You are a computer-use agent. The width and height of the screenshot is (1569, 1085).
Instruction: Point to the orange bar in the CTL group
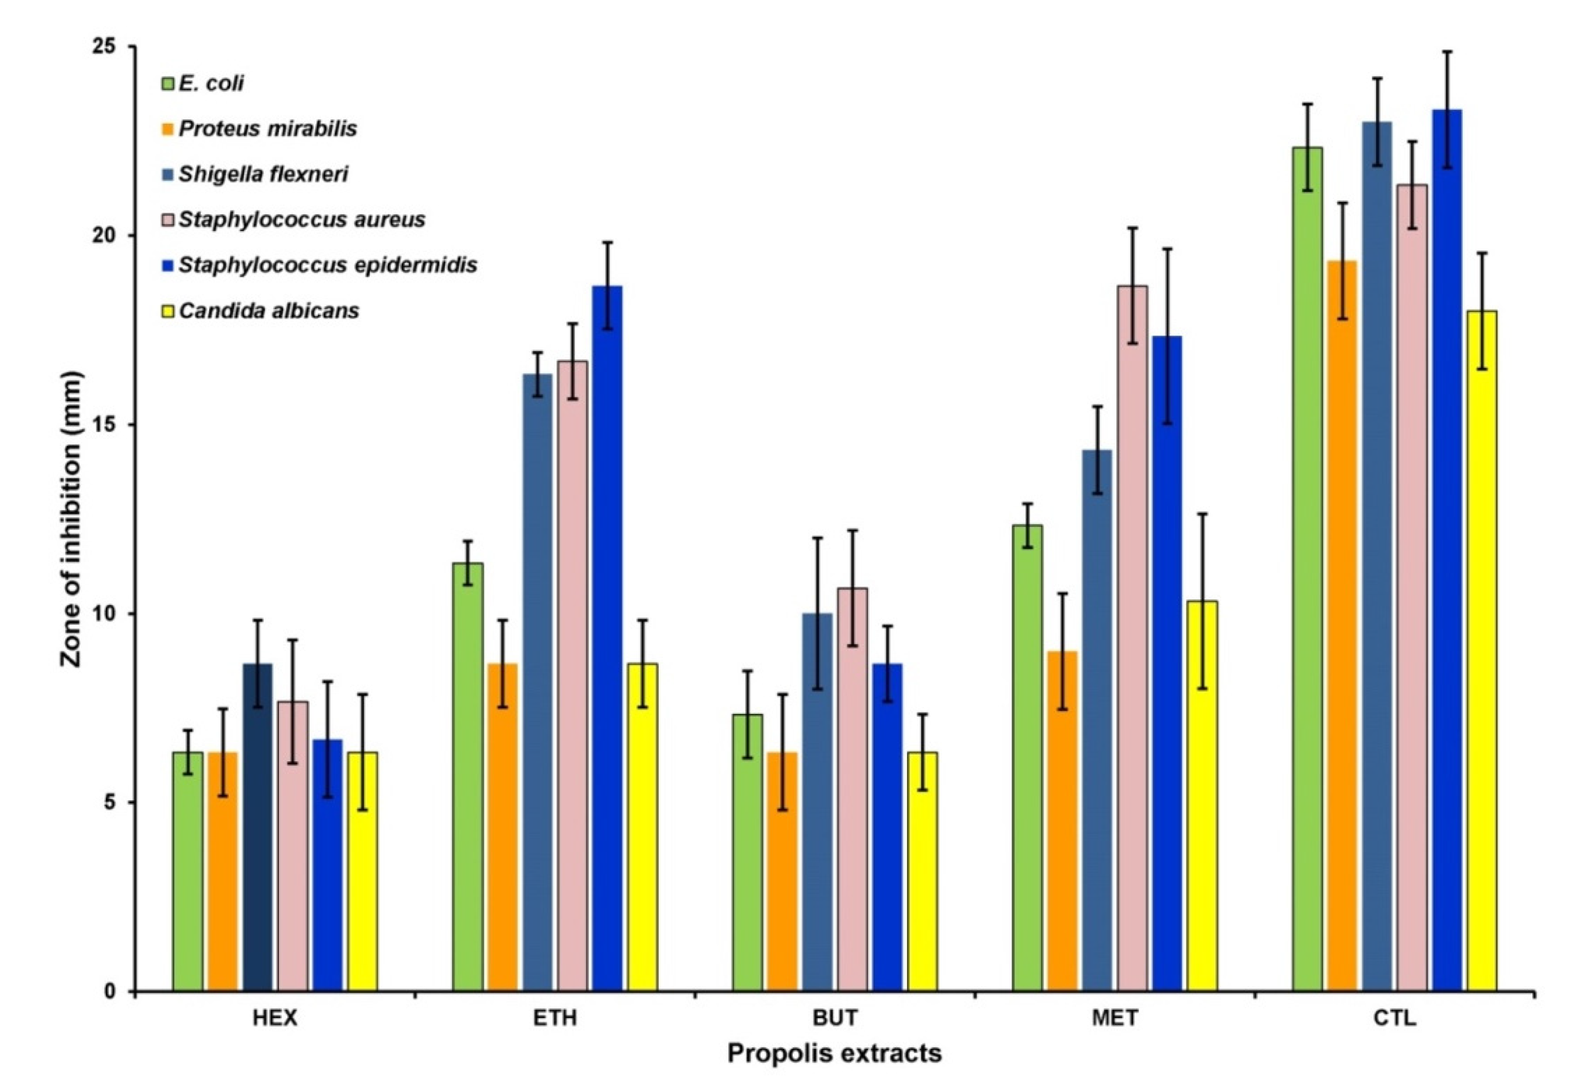pyautogui.click(x=1342, y=625)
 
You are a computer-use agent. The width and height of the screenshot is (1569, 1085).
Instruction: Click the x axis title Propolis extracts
pyautogui.click(x=834, y=1054)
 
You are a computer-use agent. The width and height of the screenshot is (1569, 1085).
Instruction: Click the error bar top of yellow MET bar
pyautogui.click(x=1202, y=514)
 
